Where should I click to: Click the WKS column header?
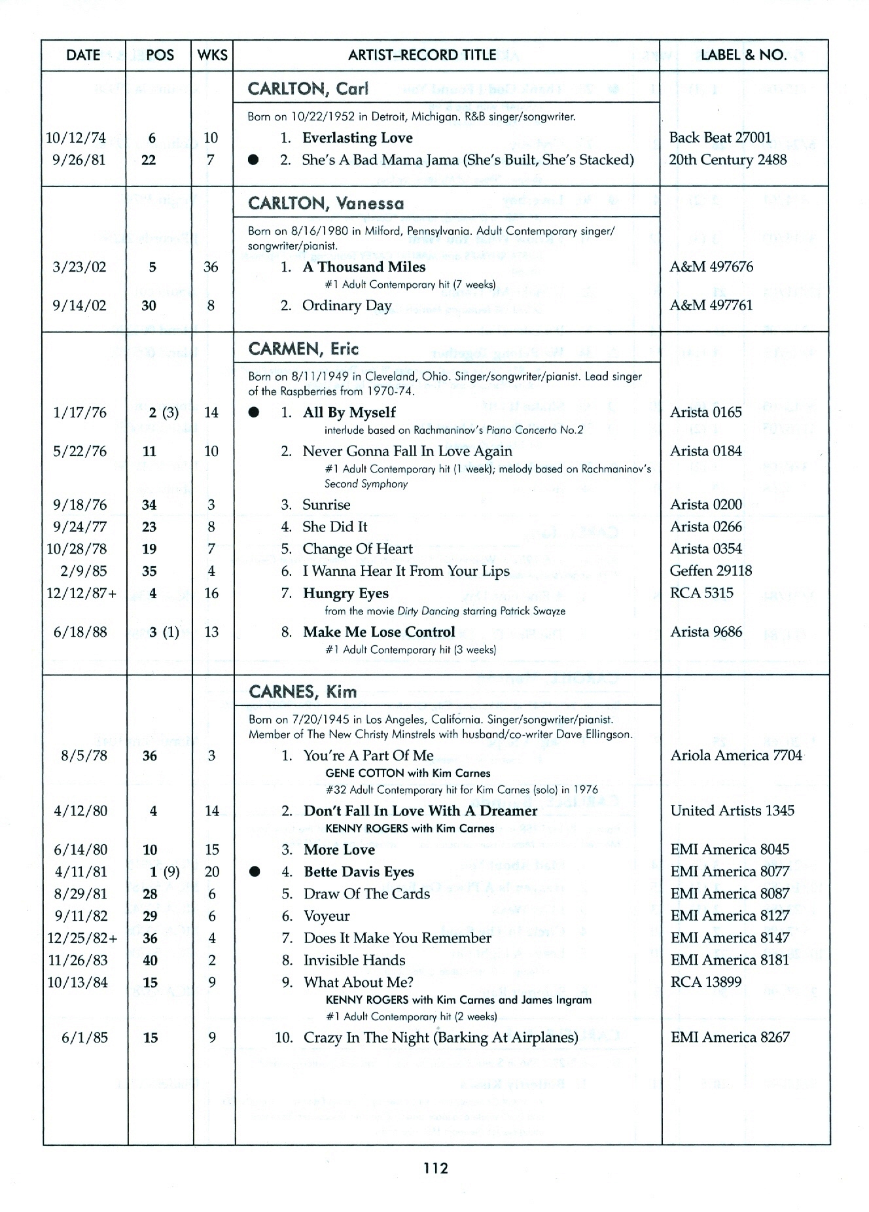(213, 55)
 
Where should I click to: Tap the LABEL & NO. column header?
(743, 55)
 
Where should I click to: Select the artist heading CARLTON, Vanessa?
(326, 204)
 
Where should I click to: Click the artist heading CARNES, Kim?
(303, 692)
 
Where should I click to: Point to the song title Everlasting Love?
(357, 138)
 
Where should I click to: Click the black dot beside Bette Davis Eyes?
(255, 872)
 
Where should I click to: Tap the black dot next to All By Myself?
(255, 412)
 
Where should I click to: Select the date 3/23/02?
(79, 267)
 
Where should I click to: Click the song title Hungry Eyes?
(346, 594)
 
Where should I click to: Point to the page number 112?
(435, 1167)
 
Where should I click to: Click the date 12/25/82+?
(82, 938)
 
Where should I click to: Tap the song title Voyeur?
(327, 916)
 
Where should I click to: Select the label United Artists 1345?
(732, 811)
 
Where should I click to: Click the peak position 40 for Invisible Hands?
(150, 961)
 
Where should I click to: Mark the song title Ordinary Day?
(347, 306)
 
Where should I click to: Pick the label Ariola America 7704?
(736, 756)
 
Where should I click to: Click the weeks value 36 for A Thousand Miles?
(211, 267)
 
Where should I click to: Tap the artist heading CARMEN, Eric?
(304, 349)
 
